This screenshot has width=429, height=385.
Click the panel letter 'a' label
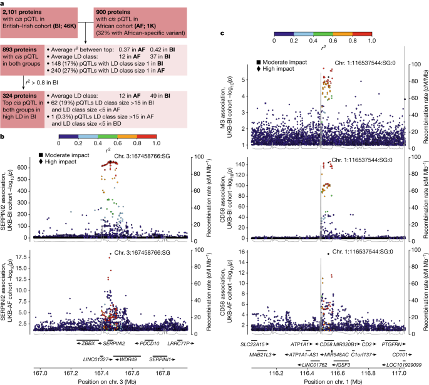coord(3,3)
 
